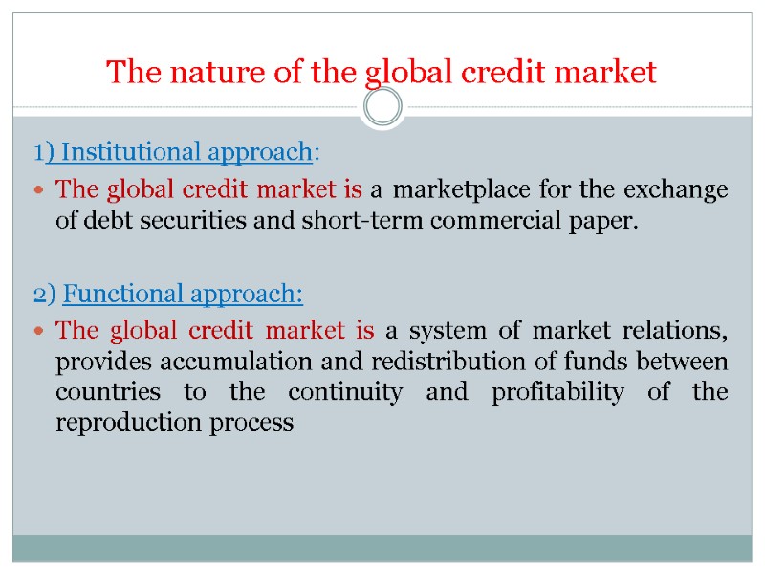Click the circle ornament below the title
point(383,107)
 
